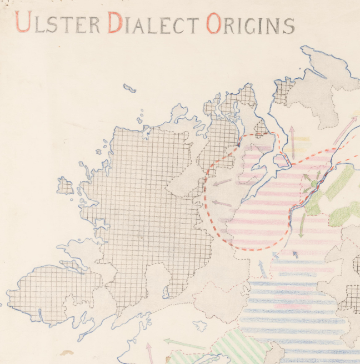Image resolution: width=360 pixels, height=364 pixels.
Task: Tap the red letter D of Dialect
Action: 114,23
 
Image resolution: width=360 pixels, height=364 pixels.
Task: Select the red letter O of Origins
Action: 214,24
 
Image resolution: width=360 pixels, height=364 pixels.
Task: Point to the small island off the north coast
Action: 129,88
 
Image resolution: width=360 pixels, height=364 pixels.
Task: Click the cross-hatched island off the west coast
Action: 65,186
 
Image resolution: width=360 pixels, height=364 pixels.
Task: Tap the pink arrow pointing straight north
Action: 292,141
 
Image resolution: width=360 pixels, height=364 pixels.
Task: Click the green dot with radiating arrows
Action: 314,184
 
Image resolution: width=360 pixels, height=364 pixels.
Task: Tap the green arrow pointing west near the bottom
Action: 184,343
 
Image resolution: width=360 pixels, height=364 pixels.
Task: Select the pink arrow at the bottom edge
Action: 149,352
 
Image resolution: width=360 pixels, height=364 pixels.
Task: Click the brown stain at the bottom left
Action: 67,352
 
